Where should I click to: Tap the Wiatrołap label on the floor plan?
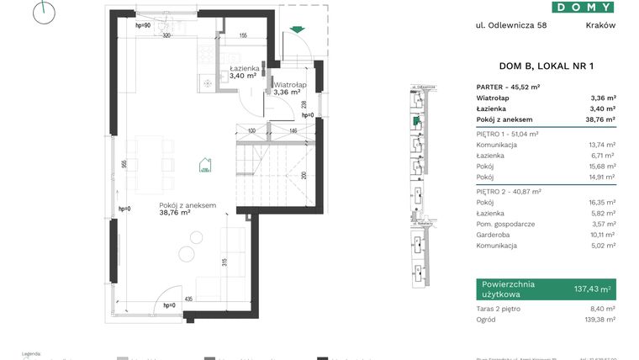[288, 84]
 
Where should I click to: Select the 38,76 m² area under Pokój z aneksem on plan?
[175, 213]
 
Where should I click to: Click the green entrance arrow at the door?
[294, 31]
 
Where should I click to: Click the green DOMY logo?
[583, 7]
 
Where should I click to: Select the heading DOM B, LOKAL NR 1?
[534, 66]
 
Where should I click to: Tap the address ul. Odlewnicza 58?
[510, 25]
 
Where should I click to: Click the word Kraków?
[600, 25]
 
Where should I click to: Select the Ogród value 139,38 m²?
[599, 320]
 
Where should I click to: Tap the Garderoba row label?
[494, 235]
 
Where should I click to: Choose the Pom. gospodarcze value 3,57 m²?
[602, 224]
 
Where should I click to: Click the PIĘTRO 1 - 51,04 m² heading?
[508, 133]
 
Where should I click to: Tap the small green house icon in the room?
[204, 166]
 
